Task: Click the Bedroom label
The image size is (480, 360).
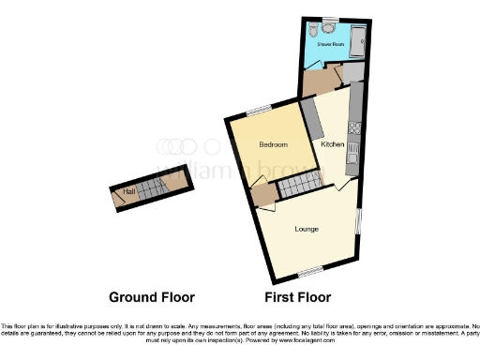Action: (273, 145)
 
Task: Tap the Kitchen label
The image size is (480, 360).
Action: (332, 144)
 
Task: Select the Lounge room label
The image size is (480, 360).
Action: (307, 229)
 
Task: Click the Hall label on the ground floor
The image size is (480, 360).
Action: (129, 191)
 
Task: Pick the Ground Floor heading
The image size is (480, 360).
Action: (152, 297)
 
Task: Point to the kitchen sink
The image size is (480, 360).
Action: (353, 150)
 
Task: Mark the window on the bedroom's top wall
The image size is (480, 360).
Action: (260, 111)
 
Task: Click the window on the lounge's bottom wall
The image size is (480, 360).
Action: (309, 272)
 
